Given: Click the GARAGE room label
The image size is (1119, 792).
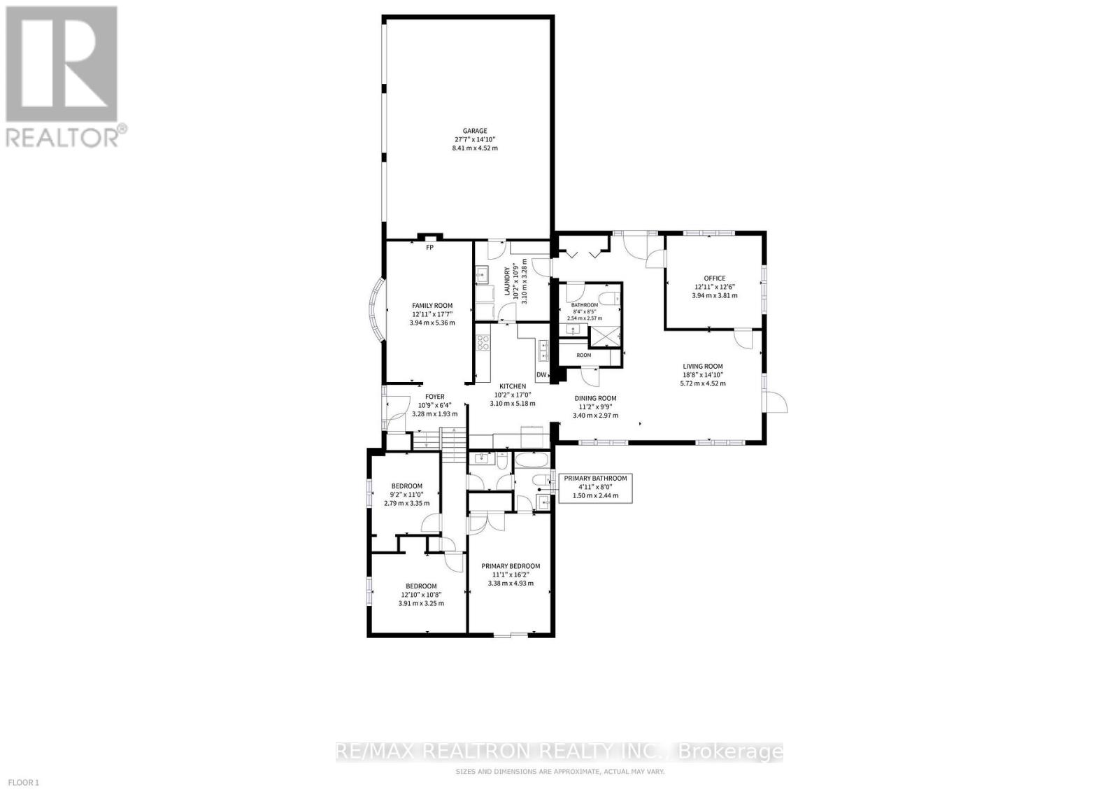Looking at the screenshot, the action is pyautogui.click(x=475, y=131).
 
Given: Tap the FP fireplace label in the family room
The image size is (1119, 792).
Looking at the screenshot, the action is pyautogui.click(x=429, y=248).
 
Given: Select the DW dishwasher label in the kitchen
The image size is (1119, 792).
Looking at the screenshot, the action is pyautogui.click(x=541, y=375).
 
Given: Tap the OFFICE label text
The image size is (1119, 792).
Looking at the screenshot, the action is pyautogui.click(x=715, y=278).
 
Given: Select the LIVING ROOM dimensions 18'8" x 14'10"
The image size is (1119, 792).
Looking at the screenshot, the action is pyautogui.click(x=703, y=375).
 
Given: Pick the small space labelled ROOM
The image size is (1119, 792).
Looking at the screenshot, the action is pyautogui.click(x=584, y=355).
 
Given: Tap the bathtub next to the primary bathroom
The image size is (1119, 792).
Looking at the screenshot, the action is pyautogui.click(x=532, y=460).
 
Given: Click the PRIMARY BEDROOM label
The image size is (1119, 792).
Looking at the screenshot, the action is pyautogui.click(x=511, y=566).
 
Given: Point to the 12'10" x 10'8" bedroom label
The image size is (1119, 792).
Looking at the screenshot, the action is pyautogui.click(x=421, y=595).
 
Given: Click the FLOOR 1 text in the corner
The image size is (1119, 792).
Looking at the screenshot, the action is pyautogui.click(x=23, y=782).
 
